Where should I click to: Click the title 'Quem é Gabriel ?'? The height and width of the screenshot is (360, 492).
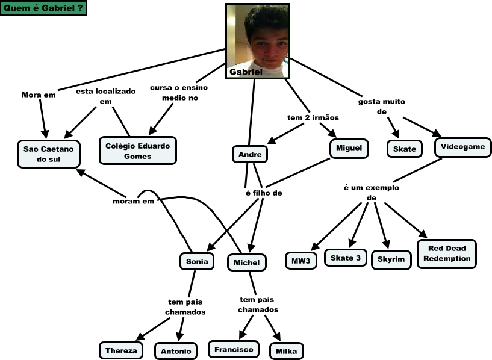tap(43, 8)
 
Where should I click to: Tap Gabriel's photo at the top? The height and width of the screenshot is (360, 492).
tap(258, 40)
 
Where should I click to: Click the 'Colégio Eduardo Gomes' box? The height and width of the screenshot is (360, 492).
tap(137, 151)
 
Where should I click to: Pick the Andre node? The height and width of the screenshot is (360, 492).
tap(249, 154)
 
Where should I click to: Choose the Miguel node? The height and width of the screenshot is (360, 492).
tap(349, 148)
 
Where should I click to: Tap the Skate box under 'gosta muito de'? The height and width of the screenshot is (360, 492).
tap(404, 149)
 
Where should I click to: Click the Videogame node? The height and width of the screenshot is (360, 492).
tap(462, 147)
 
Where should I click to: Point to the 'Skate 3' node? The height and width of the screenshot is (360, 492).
tap(346, 258)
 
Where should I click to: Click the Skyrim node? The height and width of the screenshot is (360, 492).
tap(391, 259)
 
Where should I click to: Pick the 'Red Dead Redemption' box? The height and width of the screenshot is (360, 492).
tap(446, 253)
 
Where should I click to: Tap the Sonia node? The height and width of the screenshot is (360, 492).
tap(197, 261)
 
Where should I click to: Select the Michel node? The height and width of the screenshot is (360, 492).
tap(246, 262)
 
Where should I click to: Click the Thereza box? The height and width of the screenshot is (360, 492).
tap(121, 350)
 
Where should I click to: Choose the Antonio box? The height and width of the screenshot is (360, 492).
tap(176, 351)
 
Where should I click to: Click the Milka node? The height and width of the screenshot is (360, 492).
tap(286, 351)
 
